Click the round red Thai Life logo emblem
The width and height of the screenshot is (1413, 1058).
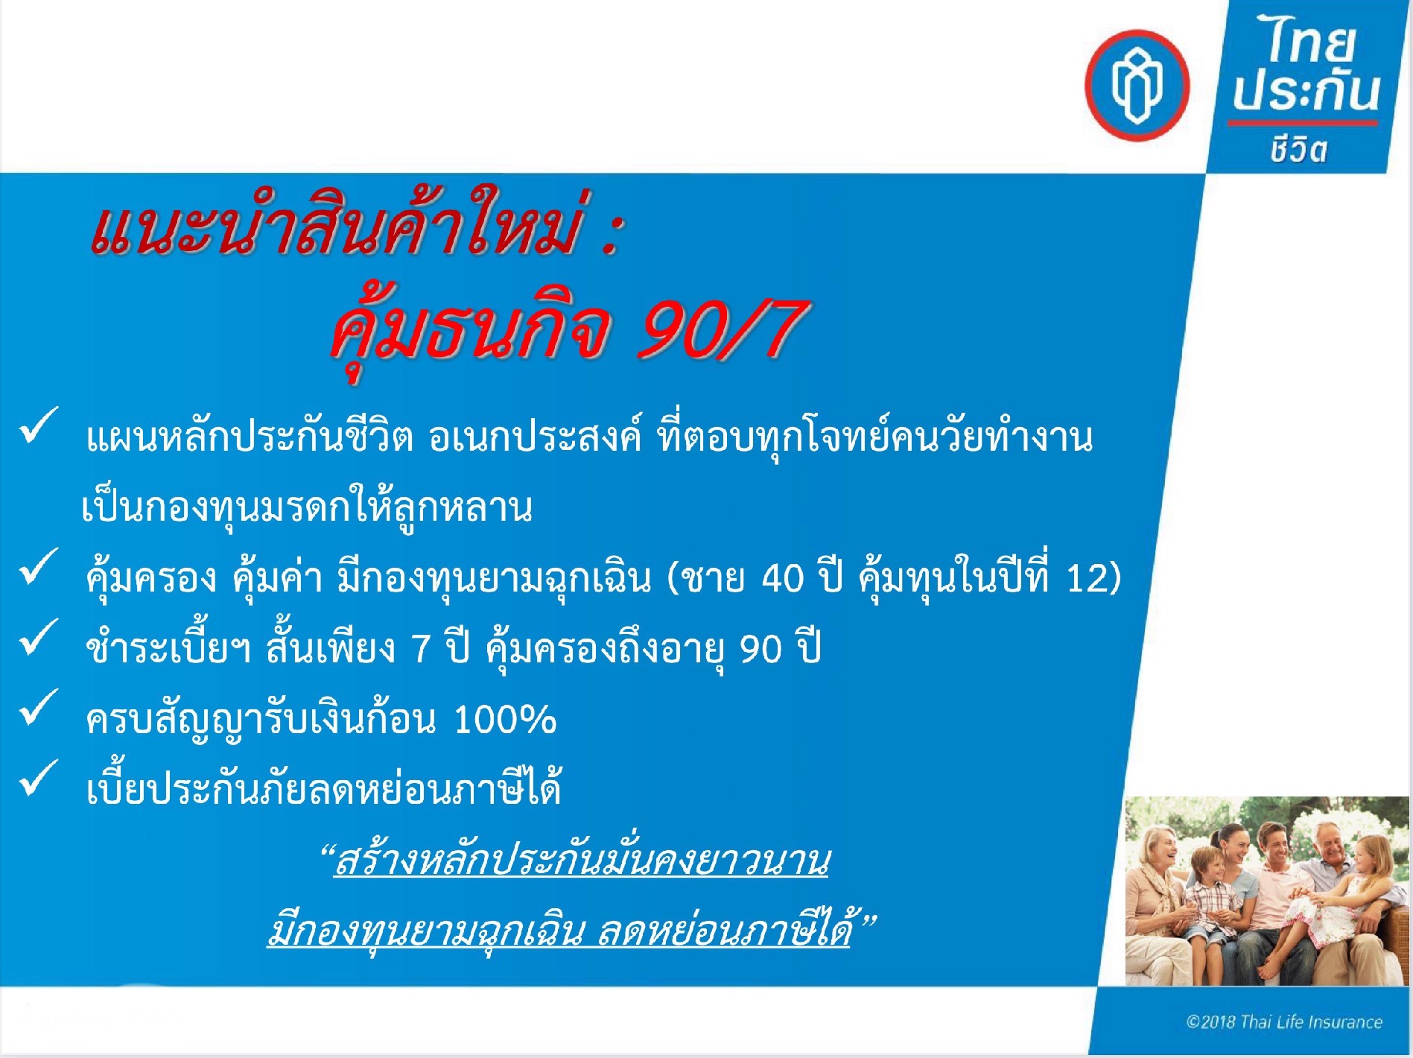tap(1137, 85)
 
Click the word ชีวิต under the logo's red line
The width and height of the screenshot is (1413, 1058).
tap(1298, 149)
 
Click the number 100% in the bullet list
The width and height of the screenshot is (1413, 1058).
tap(504, 720)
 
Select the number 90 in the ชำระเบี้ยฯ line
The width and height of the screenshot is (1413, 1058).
tap(760, 648)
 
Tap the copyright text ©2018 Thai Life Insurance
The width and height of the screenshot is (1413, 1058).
tap(1284, 1021)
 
